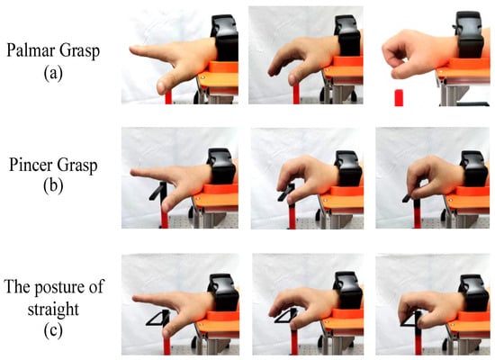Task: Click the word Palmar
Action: (31, 50)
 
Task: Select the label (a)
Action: (53, 73)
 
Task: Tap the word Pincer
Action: (30, 165)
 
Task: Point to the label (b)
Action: (53, 186)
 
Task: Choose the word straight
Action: (53, 309)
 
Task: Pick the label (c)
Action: (53, 331)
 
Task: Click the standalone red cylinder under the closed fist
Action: (399, 97)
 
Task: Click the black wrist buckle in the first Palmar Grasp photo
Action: (224, 38)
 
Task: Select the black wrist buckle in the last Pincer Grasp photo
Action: (473, 168)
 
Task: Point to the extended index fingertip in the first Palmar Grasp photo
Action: (133, 49)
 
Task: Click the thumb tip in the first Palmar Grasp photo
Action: (162, 86)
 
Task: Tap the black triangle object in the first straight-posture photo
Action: (157, 318)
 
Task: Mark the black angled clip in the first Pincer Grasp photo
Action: (157, 192)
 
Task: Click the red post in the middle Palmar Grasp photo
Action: (296, 94)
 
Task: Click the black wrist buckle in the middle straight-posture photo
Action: (347, 291)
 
